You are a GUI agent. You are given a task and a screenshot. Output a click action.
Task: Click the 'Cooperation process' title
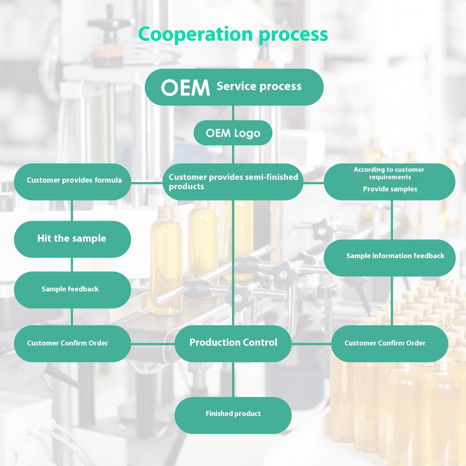click(233, 34)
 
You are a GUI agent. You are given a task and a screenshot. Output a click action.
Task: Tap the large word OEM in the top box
click(185, 88)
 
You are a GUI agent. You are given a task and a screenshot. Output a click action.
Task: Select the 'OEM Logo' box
click(233, 133)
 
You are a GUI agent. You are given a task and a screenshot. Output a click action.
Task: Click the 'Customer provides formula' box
click(72, 182)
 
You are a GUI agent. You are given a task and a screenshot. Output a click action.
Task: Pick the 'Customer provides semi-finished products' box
click(233, 182)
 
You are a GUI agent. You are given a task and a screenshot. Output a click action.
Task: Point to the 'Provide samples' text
click(390, 189)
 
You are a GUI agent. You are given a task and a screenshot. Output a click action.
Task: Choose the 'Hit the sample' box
click(72, 239)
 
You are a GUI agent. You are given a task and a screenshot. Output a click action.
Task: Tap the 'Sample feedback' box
click(72, 290)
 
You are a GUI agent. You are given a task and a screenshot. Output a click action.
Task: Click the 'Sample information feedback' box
click(390, 258)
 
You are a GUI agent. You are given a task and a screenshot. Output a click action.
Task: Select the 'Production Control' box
click(233, 343)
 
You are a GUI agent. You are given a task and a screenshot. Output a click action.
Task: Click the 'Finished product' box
click(233, 415)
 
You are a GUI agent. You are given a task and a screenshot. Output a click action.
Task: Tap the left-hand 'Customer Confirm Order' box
click(72, 343)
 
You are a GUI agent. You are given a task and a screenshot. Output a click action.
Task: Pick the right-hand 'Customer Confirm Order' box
click(390, 343)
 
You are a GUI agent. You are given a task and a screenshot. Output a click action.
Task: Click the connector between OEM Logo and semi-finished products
click(233, 154)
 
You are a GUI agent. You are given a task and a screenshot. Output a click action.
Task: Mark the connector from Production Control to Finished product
click(233, 379)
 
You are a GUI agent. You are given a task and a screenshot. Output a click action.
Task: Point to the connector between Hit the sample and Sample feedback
click(72, 265)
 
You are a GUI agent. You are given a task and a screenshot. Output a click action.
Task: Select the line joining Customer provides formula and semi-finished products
click(147, 183)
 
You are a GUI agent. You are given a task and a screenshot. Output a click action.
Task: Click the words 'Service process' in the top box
click(259, 86)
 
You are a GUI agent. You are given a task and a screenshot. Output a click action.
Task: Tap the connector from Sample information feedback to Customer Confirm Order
click(392, 301)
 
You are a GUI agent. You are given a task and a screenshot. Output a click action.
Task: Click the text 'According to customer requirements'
click(389, 173)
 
